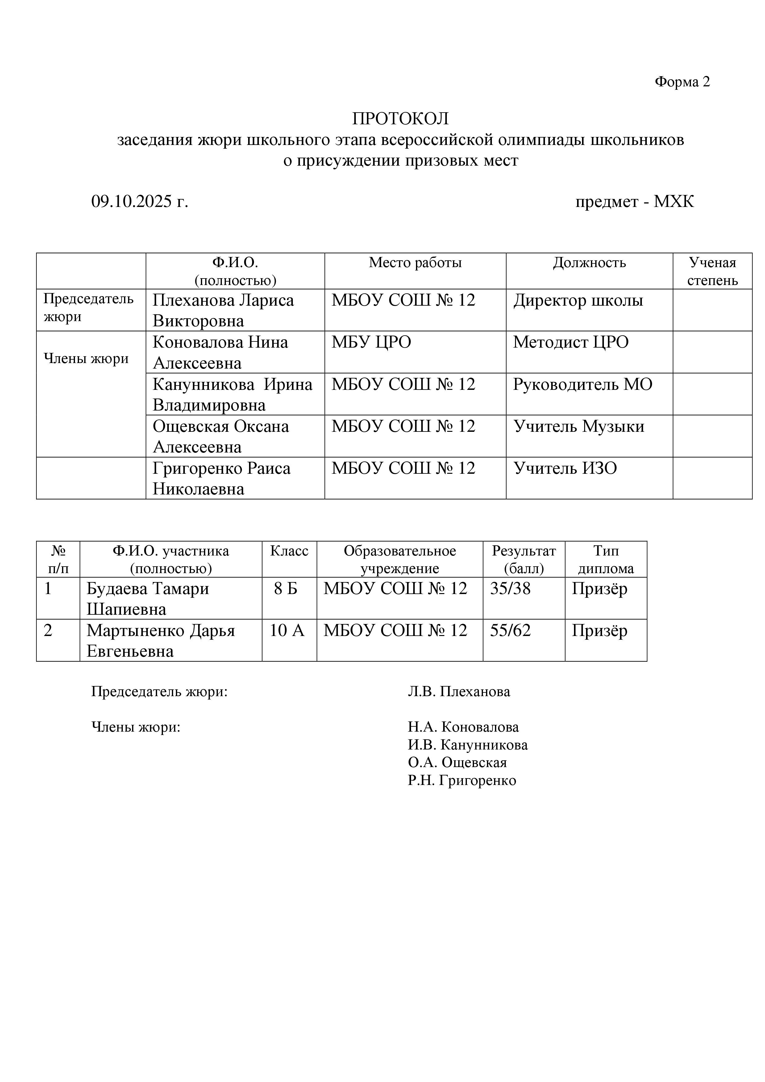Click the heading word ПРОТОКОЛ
pyautogui.click(x=400, y=119)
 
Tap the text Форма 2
pyautogui.click(x=682, y=82)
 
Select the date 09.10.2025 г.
pyautogui.click(x=139, y=202)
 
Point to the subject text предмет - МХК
pyautogui.click(x=634, y=202)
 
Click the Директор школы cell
pyautogui.click(x=578, y=301)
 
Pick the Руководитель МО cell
pyautogui.click(x=583, y=385)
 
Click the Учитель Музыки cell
pyautogui.click(x=578, y=427)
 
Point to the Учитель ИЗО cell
pyautogui.click(x=565, y=469)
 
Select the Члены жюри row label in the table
pyautogui.click(x=86, y=359)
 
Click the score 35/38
pyautogui.click(x=510, y=588)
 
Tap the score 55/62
pyautogui.click(x=510, y=630)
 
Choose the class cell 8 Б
pyautogui.click(x=286, y=588)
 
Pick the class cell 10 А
pyautogui.click(x=287, y=630)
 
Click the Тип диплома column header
pyautogui.click(x=606, y=560)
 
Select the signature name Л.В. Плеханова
pyautogui.click(x=459, y=692)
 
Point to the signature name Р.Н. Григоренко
pyautogui.click(x=462, y=780)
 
